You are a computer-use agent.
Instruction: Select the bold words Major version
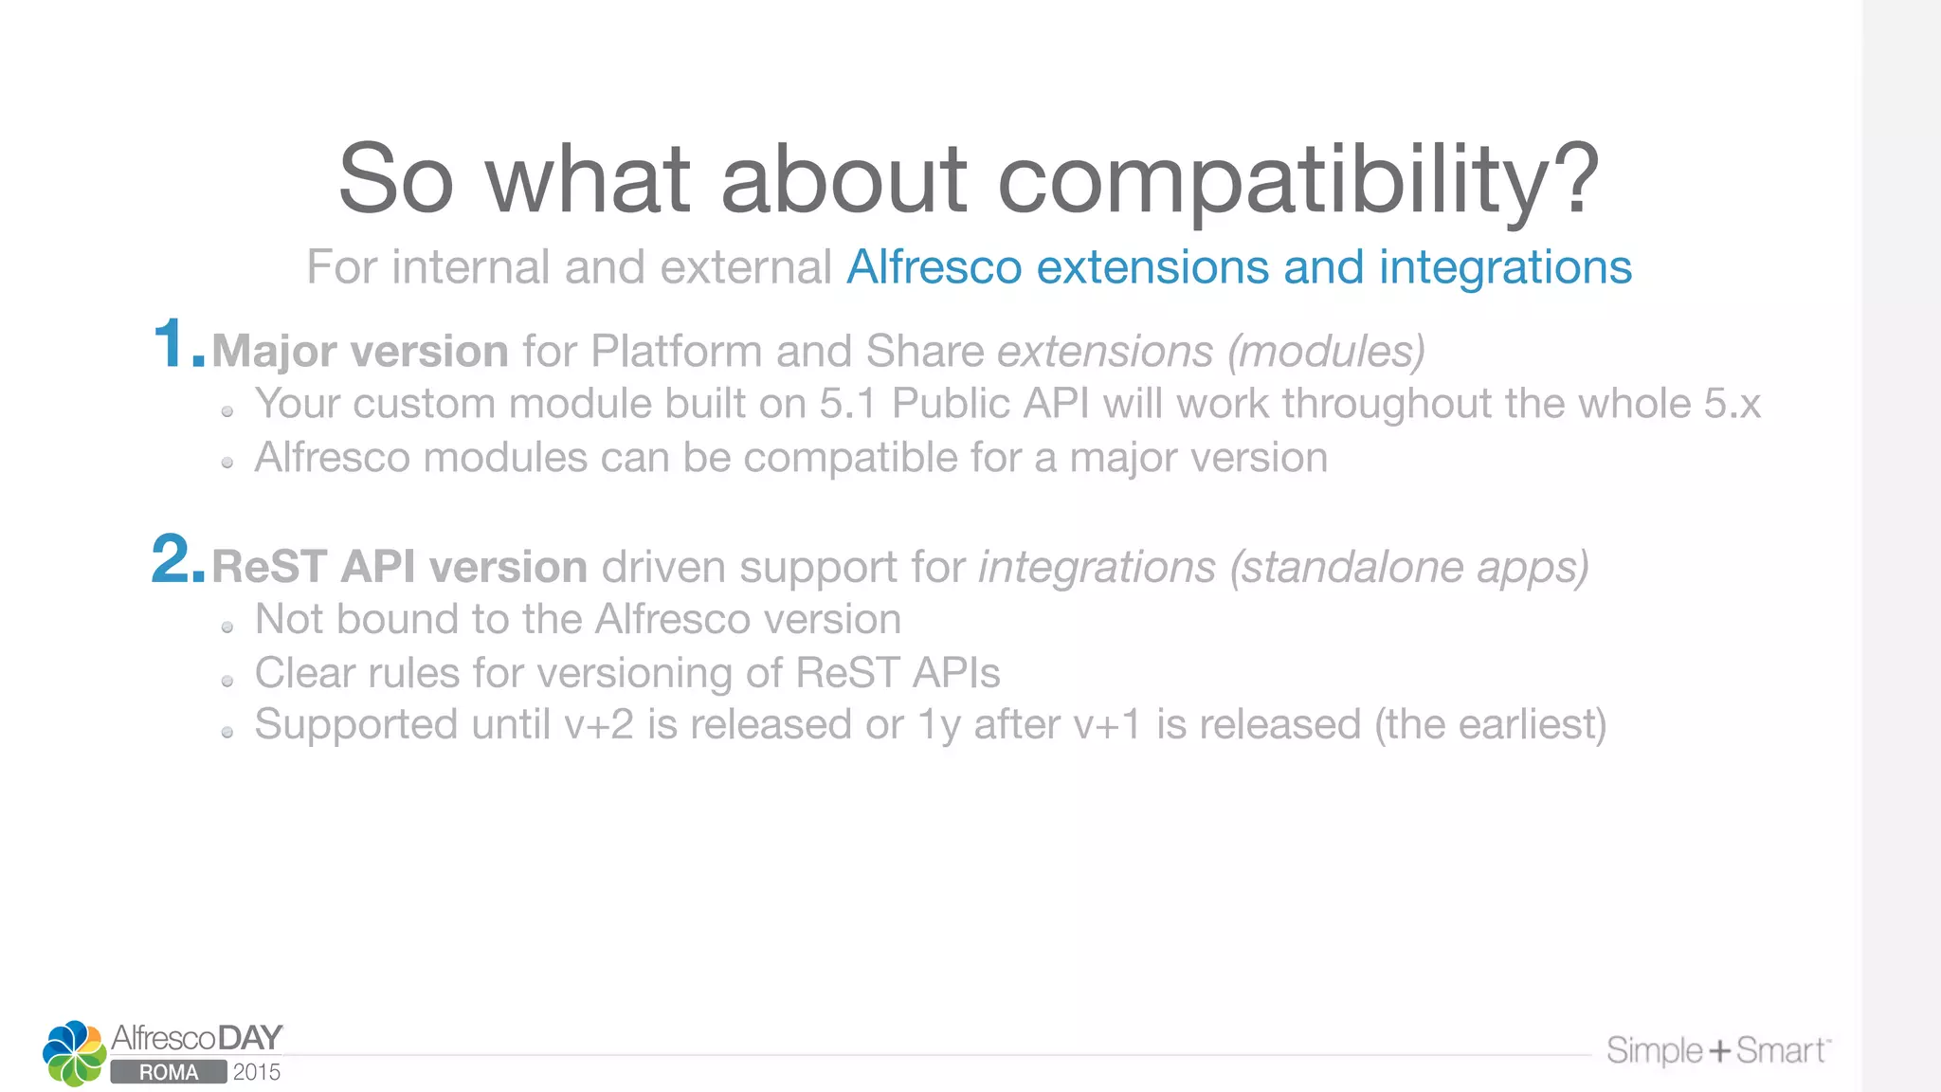[x=360, y=352]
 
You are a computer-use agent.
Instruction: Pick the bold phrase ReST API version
[x=399, y=567]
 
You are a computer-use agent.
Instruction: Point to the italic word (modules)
[x=1326, y=352]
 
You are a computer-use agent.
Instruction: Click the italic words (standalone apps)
[x=1408, y=567]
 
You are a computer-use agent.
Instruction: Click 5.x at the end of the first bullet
[x=1732, y=404]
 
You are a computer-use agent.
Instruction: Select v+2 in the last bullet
[x=599, y=725]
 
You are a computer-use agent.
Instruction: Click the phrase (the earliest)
[x=1491, y=725]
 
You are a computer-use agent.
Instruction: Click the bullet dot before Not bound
[x=227, y=627]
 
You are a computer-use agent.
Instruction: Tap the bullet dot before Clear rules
[x=227, y=681]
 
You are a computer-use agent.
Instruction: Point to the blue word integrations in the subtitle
[x=1505, y=267]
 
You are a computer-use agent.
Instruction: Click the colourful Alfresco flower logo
[x=74, y=1052]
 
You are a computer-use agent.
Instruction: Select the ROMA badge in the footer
[x=169, y=1072]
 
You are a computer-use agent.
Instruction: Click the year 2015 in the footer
[x=257, y=1072]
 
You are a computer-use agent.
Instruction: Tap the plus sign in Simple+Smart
[x=1719, y=1050]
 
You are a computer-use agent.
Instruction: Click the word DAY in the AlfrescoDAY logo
[x=249, y=1038]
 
